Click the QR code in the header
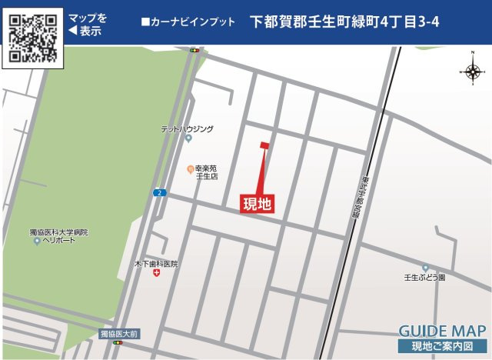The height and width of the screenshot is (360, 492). [33, 36]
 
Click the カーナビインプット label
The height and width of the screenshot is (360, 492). [188, 22]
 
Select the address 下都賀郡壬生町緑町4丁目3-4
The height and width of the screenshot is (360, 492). [345, 22]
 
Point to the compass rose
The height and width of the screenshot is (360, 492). [472, 72]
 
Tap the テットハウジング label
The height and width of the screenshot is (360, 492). [187, 129]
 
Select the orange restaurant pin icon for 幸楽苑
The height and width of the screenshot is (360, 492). [190, 168]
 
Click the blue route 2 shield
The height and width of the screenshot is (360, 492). [158, 192]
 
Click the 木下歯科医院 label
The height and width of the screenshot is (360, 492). [157, 263]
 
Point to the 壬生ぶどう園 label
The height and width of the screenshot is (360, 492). [425, 277]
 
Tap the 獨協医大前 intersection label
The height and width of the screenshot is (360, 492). [118, 334]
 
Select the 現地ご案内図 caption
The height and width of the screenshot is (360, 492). [443, 347]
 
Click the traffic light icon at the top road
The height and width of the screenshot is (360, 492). [194, 51]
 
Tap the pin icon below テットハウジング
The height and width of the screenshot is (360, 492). [188, 139]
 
